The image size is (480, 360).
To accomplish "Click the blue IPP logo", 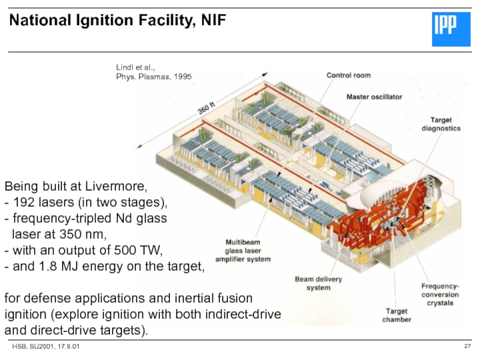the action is point(451,29).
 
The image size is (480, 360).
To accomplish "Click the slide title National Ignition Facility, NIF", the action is point(118,20).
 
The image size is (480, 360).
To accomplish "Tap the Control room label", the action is point(349,76).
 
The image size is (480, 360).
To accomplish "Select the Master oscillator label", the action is point(374,97).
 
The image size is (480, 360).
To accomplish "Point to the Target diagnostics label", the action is point(441,124).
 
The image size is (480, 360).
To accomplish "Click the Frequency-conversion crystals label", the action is point(440,295).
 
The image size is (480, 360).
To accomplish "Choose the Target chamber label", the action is point(397,316).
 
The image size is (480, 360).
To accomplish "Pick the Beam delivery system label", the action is point(319,283).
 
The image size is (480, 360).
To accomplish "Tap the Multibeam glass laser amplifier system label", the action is point(243,251).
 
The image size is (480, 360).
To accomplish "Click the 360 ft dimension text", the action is point(206,108).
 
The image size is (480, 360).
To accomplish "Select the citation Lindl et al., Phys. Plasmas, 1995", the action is point(154,72).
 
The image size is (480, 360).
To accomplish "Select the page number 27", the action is point(467,346).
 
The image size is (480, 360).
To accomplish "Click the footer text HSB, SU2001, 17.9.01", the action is point(46,347).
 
